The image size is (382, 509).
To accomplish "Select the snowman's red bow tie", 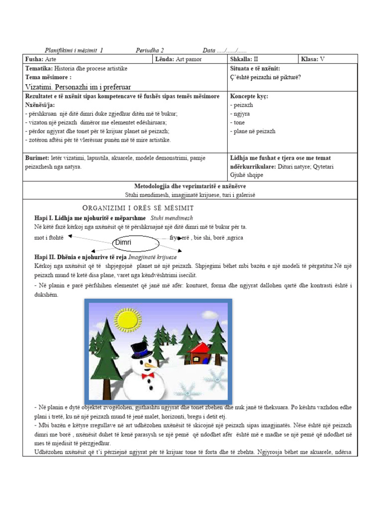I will [x=147, y=376].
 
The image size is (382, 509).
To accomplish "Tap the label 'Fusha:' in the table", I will [x=34, y=59].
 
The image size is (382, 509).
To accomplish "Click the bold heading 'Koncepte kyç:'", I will [x=249, y=96].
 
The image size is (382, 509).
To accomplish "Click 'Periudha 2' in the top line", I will [x=150, y=50].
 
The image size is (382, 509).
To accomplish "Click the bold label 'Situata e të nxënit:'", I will [x=255, y=68].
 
